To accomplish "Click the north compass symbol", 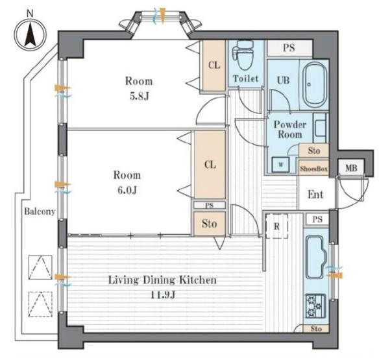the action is point(30,34).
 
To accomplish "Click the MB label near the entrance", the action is point(351,168).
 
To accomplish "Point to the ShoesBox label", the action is point(313,169).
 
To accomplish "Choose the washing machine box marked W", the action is point(281,164).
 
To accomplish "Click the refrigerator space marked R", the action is point(277,226).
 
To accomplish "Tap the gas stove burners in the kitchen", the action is point(315,306).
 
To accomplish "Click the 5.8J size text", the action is point(140,96).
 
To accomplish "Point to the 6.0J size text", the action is point(127,191).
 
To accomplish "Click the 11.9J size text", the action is point(164,295).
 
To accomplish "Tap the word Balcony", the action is point(40,211).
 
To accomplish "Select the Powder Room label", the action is point(290,130).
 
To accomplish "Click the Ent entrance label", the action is point(315,195).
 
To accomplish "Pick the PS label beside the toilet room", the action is point(289,48).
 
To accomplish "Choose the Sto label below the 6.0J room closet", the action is point(210,224).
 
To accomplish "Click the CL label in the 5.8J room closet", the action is point(214,66).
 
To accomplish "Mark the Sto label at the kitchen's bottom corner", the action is point(316,329).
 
